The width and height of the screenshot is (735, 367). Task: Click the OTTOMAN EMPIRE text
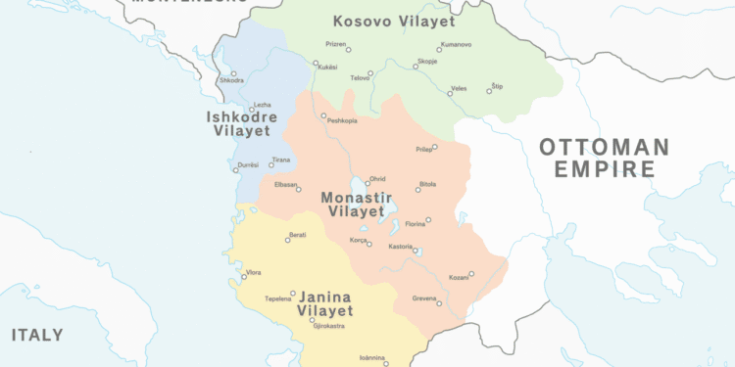click(605, 158)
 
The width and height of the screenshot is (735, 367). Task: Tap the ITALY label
click(37, 335)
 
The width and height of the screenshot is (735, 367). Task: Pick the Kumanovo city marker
click(439, 50)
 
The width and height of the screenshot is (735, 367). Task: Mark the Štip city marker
click(489, 91)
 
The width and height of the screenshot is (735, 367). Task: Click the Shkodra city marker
click(233, 73)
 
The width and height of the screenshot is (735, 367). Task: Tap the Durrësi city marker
click(236, 170)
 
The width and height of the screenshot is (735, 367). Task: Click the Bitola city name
click(427, 184)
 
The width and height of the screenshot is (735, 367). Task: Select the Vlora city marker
click(244, 278)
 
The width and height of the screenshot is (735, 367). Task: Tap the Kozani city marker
click(471, 274)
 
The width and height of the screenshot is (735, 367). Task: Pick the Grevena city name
click(424, 298)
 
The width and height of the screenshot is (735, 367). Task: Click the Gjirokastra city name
click(322, 326)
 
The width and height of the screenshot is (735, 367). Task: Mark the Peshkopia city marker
click(323, 115)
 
